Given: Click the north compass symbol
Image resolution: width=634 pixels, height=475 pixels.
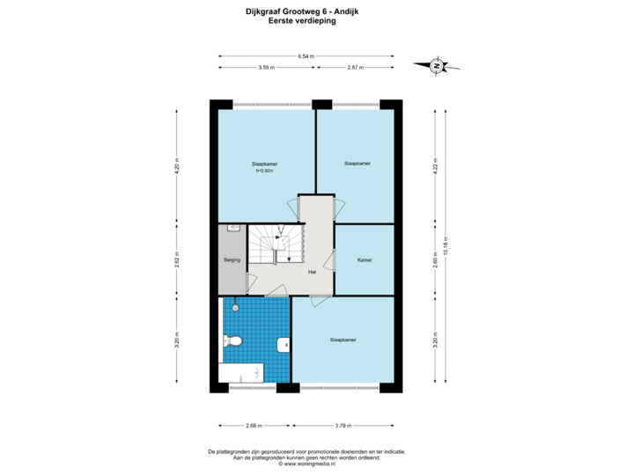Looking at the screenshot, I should click(436, 65).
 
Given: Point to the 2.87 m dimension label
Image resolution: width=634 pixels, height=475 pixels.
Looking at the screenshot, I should click(356, 68).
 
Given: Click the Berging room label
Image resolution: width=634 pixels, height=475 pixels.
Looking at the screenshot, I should click(232, 260).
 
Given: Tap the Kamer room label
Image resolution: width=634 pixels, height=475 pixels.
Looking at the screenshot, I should click(364, 260).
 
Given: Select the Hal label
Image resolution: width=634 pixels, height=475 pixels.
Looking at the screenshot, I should click(312, 273).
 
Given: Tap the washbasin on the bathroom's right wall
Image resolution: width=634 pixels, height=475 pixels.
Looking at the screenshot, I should click(284, 345).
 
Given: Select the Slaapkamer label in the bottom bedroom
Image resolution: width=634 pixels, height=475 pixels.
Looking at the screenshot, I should click(343, 339).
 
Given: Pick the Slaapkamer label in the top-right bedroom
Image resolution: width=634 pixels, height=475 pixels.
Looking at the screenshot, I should click(357, 164).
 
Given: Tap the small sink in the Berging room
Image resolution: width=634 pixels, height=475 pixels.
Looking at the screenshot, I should click(233, 228).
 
